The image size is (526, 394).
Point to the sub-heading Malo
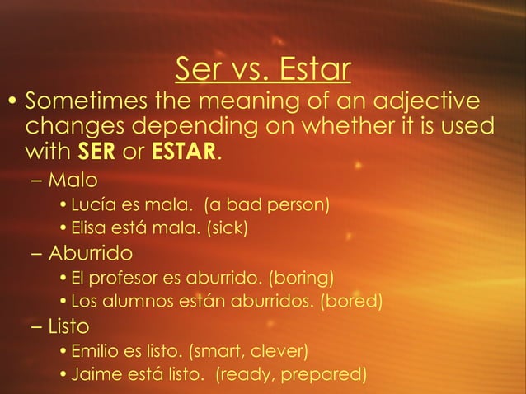(73, 179)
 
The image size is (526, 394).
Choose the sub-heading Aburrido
(92, 251)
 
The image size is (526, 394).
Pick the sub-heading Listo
(69, 326)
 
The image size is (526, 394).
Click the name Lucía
(93, 204)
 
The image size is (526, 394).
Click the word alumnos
(136, 301)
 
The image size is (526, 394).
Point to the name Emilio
(95, 352)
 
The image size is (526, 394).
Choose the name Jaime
(95, 375)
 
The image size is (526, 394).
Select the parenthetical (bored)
(349, 301)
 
